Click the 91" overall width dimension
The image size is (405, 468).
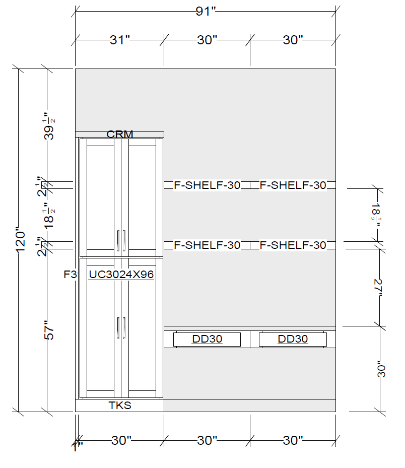206,12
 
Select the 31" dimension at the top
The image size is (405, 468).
120,40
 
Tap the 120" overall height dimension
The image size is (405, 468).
21,241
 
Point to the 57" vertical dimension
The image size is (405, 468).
49,330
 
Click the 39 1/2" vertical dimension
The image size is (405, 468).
49,126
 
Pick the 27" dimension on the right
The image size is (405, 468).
378,288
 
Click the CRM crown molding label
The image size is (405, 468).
120,134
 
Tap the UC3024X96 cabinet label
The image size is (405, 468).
121,274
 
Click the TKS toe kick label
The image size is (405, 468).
120,406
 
